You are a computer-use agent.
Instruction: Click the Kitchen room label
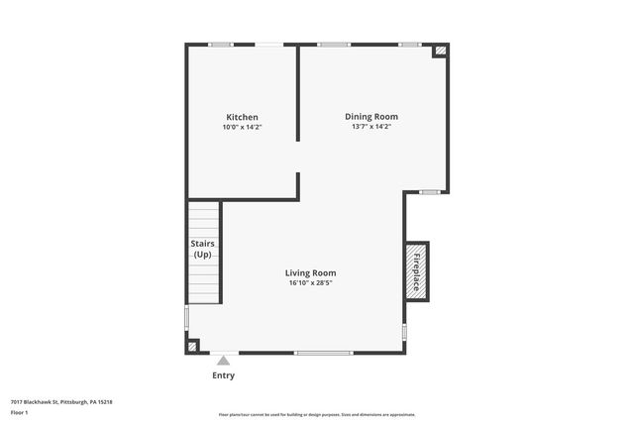(x=242, y=117)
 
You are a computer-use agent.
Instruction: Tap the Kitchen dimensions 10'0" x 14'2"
(x=242, y=127)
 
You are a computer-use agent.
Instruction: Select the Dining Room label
(x=371, y=117)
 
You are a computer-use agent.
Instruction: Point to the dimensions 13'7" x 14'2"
(x=371, y=127)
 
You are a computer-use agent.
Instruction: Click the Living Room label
(x=310, y=273)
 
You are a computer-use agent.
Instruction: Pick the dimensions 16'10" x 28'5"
(x=310, y=283)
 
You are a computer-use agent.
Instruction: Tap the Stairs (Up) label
(x=202, y=249)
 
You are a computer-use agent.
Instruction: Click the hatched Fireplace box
(x=416, y=269)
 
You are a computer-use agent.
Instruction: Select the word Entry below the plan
(x=224, y=375)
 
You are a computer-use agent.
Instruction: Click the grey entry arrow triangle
(x=224, y=360)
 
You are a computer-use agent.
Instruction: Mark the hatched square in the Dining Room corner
(x=441, y=51)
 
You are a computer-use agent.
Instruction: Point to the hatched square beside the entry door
(x=192, y=347)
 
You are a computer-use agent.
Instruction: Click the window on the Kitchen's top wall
(x=221, y=45)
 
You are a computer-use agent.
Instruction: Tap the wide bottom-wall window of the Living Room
(x=324, y=353)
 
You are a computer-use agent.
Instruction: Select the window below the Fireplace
(x=404, y=330)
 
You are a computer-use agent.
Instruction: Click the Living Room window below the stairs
(x=186, y=317)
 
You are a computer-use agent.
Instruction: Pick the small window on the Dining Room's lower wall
(x=429, y=191)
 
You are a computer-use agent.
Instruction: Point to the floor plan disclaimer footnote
(x=316, y=415)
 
